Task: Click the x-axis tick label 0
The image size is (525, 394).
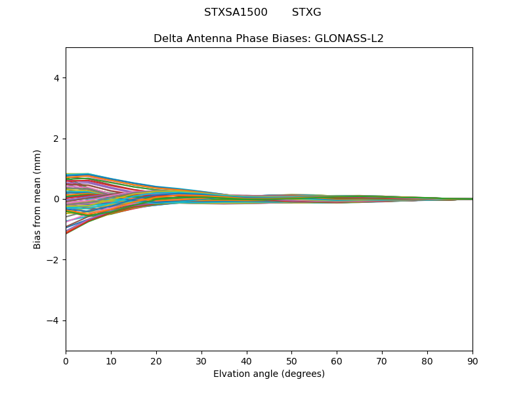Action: (66, 361)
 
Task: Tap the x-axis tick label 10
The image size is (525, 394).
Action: (111, 361)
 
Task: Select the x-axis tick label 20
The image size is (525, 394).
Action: (156, 361)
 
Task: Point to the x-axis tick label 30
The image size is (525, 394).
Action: (201, 361)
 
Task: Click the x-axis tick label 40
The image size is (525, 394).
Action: (247, 361)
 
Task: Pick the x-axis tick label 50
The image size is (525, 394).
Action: (291, 361)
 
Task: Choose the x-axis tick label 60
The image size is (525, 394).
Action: (337, 361)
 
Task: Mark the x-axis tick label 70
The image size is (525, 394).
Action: (382, 361)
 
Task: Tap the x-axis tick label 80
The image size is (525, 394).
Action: (427, 361)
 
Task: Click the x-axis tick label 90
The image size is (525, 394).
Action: (472, 361)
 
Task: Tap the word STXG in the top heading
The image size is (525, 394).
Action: (306, 12)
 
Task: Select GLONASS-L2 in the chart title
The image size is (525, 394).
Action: (349, 38)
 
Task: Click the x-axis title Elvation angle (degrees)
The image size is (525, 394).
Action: (269, 374)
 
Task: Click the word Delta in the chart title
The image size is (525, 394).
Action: (167, 38)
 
